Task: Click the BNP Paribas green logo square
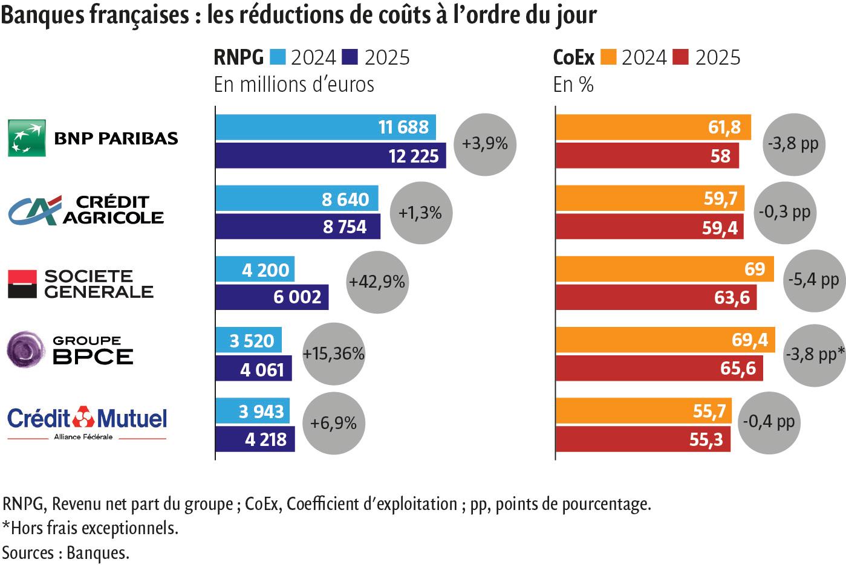[27, 138]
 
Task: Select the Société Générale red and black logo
[22, 283]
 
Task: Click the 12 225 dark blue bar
[330, 155]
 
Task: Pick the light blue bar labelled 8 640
[296, 199]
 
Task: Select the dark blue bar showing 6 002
[272, 297]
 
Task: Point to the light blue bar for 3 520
[249, 341]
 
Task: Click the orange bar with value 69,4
[665, 340]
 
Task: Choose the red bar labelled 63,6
[656, 297]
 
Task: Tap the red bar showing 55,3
[642, 439]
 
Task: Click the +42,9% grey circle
[377, 282]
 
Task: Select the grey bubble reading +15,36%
[334, 354]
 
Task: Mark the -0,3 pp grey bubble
[784, 213]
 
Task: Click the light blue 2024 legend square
[277, 57]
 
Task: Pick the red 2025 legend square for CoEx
[680, 57]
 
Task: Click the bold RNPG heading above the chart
[239, 57]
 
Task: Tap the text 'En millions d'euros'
[294, 84]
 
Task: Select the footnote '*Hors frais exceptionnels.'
[90, 528]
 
